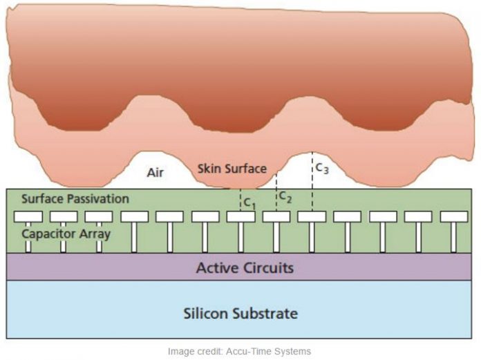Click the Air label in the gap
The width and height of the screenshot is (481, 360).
[155, 172]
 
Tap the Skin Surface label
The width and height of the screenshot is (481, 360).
[232, 168]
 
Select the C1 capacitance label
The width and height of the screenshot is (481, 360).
[249, 204]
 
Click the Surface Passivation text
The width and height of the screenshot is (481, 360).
[75, 198]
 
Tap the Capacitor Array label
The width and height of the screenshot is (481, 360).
[66, 233]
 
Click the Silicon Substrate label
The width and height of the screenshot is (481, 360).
[240, 313]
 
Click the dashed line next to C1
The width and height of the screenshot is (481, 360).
[240, 199]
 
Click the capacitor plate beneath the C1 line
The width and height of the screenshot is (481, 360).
[240, 216]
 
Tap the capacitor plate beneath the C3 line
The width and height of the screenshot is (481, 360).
[312, 216]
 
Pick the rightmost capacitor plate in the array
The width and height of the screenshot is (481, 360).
[454, 216]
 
